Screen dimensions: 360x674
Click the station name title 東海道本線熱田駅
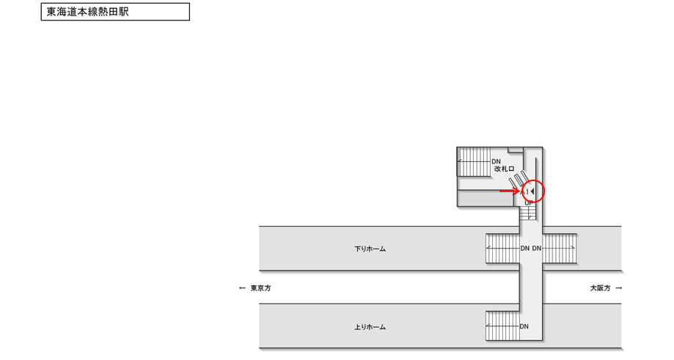coord(88,12)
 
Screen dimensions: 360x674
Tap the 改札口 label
coord(505,169)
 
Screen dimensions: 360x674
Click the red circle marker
coord(533,191)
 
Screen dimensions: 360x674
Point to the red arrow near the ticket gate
coord(509,191)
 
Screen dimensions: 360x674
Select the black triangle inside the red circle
coord(532,191)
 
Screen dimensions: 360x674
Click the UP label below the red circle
coord(528,203)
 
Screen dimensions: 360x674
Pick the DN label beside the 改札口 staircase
coord(496,161)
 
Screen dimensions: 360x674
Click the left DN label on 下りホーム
coord(524,249)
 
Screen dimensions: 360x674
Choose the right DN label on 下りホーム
coord(537,249)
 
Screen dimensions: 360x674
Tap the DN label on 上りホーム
coord(524,326)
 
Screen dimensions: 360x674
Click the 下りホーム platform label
coord(370,249)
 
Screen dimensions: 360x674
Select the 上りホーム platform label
coord(370,327)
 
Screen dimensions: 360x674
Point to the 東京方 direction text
coord(260,288)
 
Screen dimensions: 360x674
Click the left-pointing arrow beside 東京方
coord(243,288)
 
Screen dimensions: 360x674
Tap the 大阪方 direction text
coord(600,288)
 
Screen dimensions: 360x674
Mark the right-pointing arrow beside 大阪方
coord(619,288)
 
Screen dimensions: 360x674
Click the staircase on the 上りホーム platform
coord(502,326)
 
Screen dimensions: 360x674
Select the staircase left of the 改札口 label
coord(474,161)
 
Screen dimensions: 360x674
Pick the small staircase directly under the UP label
coord(528,214)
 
